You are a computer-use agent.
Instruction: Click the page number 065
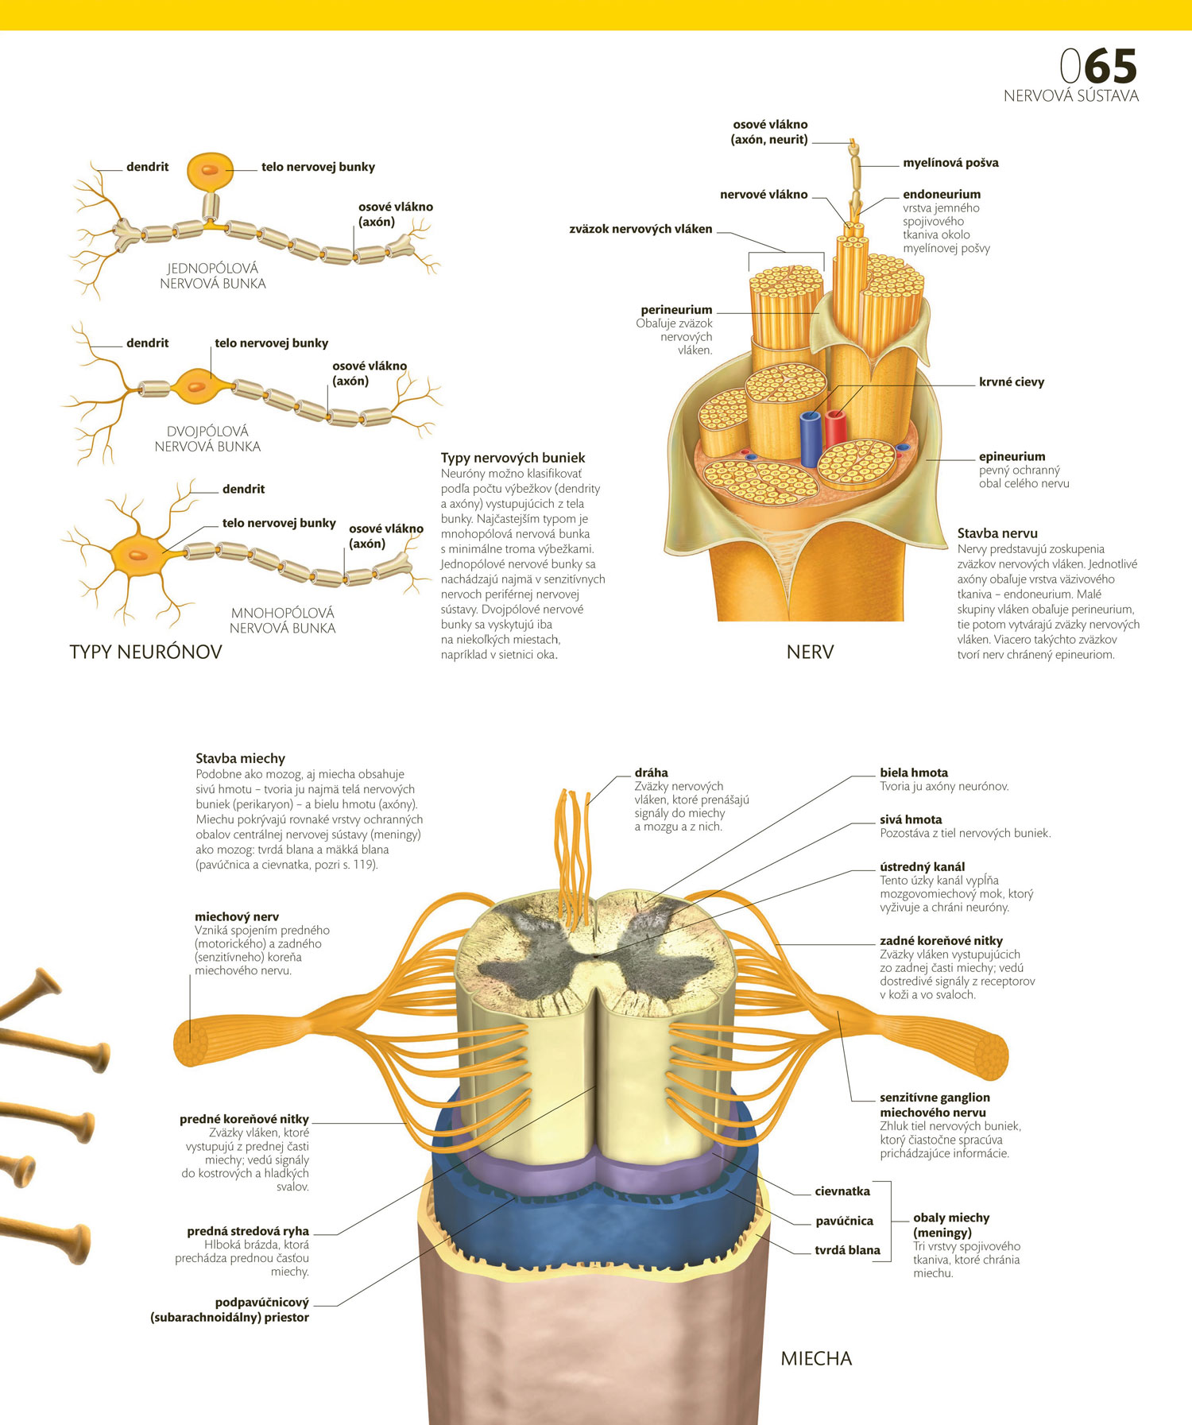[x=1098, y=66]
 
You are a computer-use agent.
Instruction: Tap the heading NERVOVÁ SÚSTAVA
[x=1071, y=96]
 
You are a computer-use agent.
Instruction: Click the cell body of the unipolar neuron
[x=210, y=171]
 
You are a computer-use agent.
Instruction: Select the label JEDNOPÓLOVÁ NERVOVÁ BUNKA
[x=213, y=276]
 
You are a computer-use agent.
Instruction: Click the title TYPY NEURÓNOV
[x=145, y=652]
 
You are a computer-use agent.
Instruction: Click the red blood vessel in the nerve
[x=834, y=428]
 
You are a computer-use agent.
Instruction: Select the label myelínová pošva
[x=950, y=163]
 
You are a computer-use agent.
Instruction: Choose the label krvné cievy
[x=1012, y=382]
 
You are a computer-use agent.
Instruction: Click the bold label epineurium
[x=1012, y=457]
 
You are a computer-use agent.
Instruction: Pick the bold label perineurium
[x=676, y=310]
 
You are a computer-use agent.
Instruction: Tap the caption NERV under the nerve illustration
[x=810, y=652]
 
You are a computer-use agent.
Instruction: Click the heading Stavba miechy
[x=240, y=759]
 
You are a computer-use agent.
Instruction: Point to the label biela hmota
[x=914, y=773]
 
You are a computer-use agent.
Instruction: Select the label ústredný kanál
[x=923, y=867]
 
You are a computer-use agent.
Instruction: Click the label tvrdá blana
[x=847, y=1251]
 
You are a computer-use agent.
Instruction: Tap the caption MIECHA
[x=816, y=1359]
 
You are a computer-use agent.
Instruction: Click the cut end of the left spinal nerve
[x=190, y=1042]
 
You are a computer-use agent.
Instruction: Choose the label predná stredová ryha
[x=248, y=1232]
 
